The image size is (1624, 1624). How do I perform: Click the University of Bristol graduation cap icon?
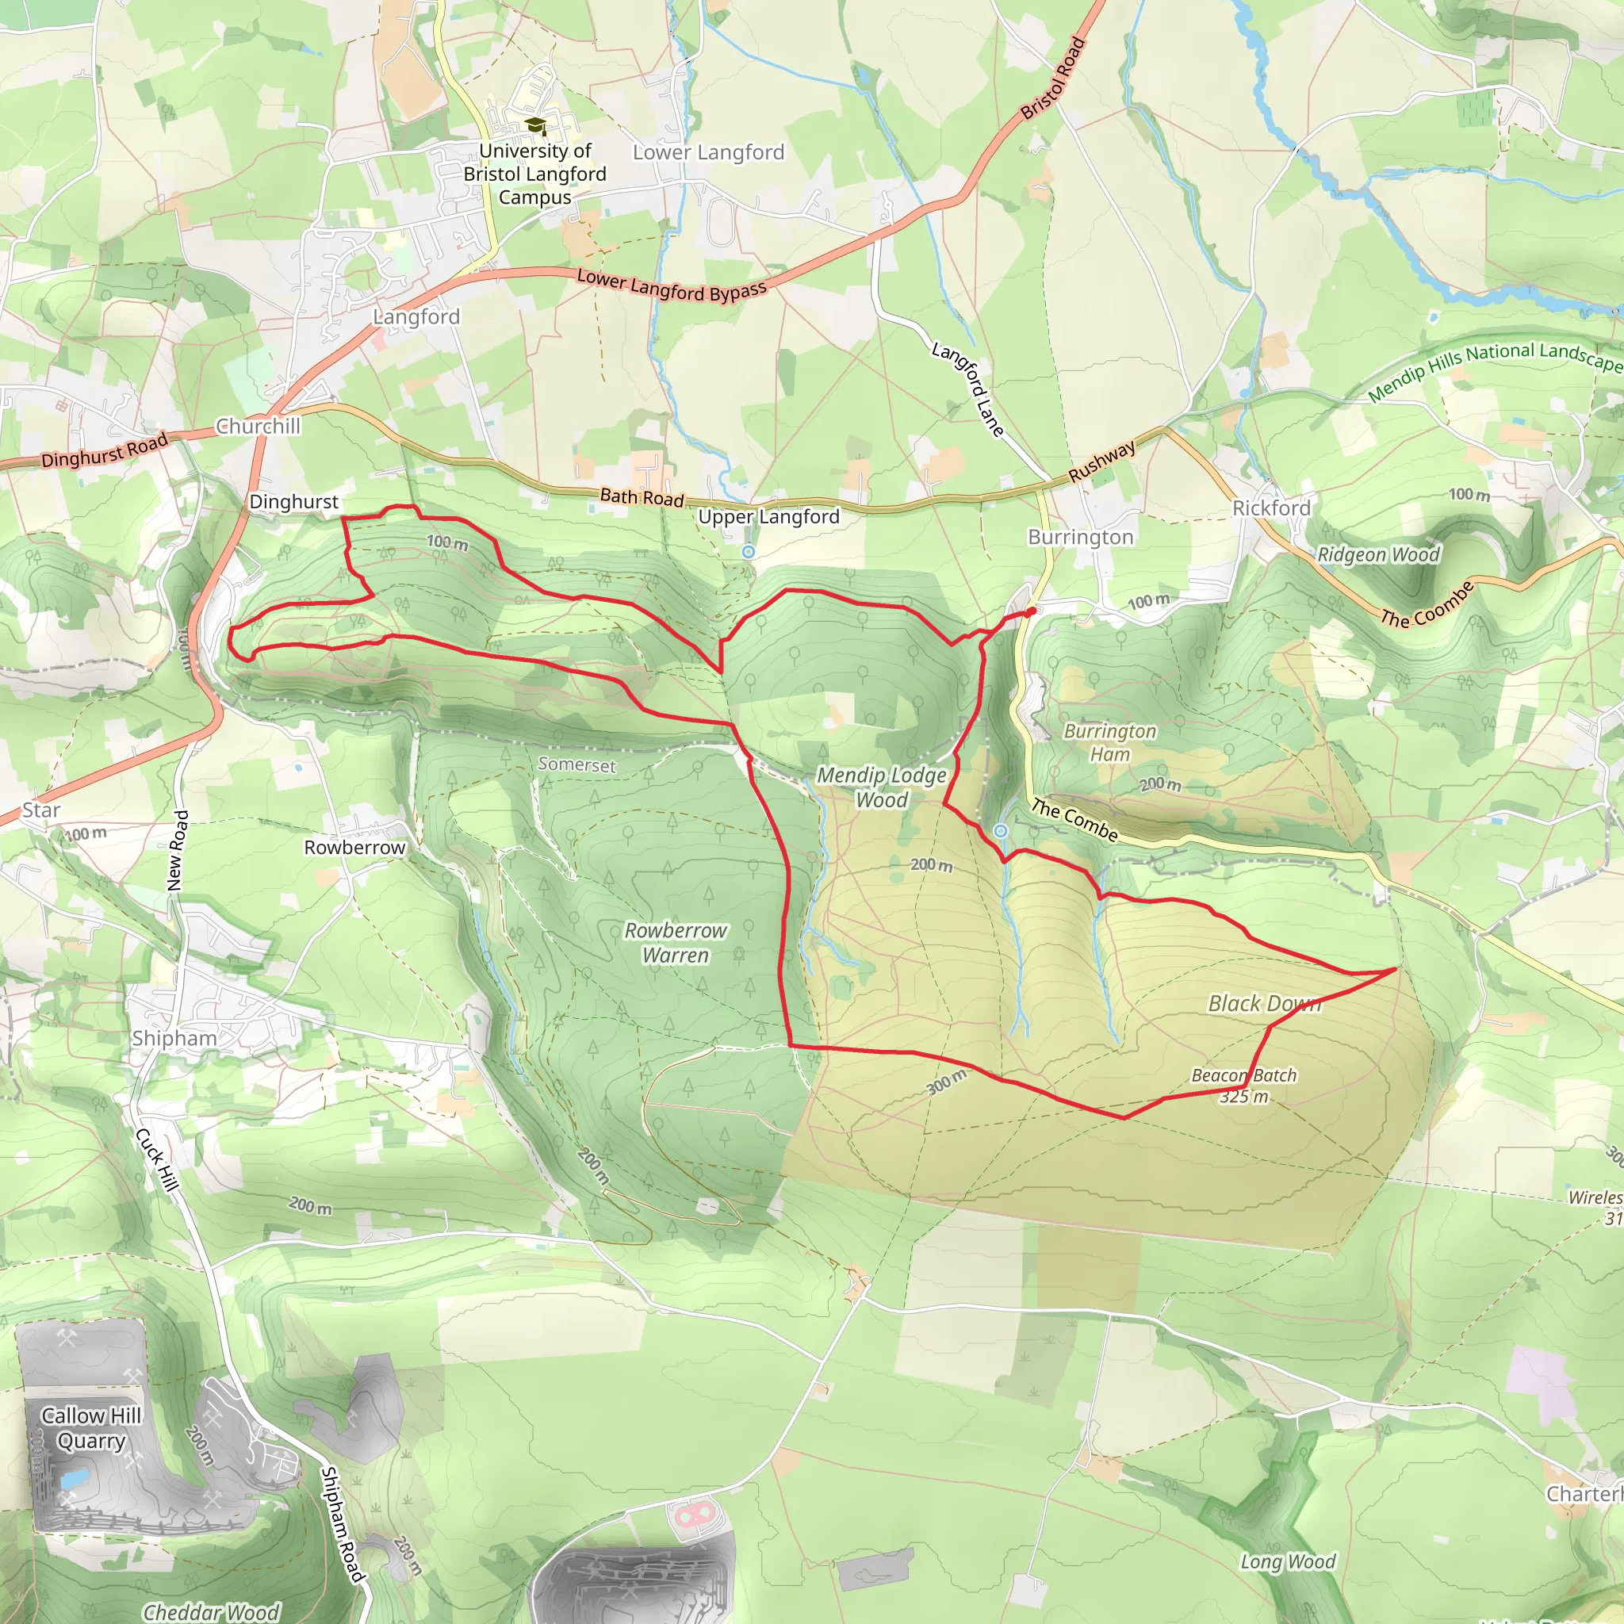(534, 126)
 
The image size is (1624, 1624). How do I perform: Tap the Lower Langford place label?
(708, 152)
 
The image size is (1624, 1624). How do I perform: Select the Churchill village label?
(258, 426)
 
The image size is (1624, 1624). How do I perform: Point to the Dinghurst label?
(293, 502)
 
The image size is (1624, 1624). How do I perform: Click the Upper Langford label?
(768, 517)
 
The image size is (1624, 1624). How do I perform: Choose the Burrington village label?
(1080, 537)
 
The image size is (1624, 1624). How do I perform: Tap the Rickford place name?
(1271, 507)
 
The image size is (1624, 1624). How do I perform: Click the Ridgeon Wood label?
(1377, 555)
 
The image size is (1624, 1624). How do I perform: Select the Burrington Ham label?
(1109, 742)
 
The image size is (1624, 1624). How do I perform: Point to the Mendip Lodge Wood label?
(882, 787)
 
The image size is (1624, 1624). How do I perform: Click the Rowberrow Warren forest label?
(676, 942)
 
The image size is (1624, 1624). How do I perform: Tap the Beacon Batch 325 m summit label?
(1244, 1086)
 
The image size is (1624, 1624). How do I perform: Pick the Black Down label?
(1264, 1003)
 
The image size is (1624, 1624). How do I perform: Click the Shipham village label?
(174, 1038)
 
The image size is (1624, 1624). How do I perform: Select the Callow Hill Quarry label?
(90, 1428)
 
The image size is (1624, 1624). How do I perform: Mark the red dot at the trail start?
(1031, 612)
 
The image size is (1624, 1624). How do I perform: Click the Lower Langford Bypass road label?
(672, 285)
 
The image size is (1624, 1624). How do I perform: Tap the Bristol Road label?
(1053, 79)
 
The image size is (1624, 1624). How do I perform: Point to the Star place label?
(41, 810)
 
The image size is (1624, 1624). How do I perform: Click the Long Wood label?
(1288, 1562)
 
